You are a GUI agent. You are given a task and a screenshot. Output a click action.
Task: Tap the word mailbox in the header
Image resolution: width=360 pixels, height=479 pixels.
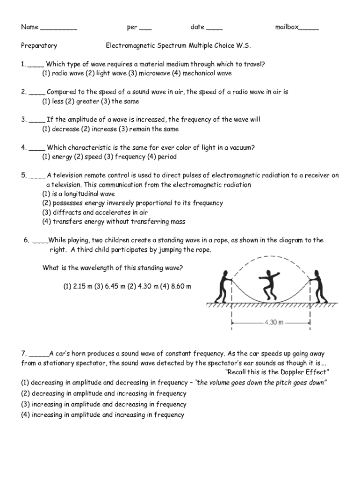click(x=287, y=27)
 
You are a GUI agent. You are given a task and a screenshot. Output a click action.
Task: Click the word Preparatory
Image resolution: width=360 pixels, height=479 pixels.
click(x=39, y=46)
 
